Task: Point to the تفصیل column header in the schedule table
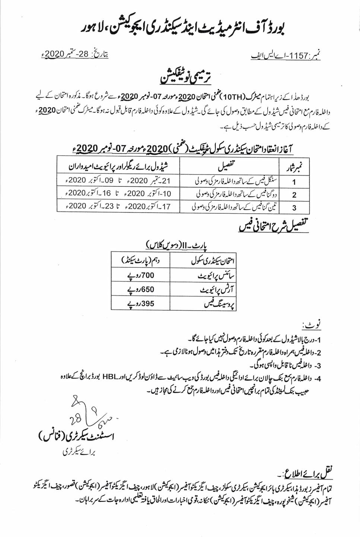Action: point(229,165)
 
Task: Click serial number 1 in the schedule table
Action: point(294,182)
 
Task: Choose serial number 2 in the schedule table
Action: point(294,194)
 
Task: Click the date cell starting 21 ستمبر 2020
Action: point(118,181)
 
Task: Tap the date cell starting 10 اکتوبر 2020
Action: point(118,194)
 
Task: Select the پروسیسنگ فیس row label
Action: point(218,304)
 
